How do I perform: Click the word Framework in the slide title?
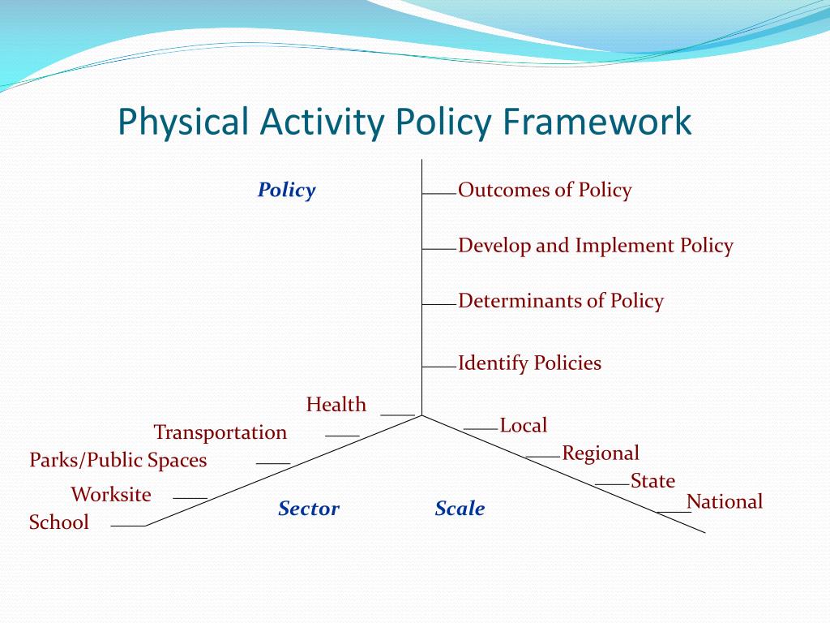click(597, 122)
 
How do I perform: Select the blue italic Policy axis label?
click(286, 190)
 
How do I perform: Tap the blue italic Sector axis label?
click(309, 509)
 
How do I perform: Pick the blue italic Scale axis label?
click(460, 509)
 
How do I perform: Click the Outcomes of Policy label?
click(545, 190)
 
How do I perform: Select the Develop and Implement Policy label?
click(596, 246)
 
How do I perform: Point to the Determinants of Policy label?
click(561, 301)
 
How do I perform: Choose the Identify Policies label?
click(530, 363)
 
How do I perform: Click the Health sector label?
click(336, 404)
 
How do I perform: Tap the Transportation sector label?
click(220, 432)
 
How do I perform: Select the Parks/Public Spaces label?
click(118, 460)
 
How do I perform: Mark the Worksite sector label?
click(111, 494)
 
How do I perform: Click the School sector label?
click(59, 522)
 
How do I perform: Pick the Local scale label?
click(524, 425)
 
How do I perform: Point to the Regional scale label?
click(601, 453)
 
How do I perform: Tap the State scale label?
click(652, 481)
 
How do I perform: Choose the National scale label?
click(725, 501)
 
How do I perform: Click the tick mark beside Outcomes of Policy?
click(439, 194)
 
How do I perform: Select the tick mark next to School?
click(128, 526)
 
